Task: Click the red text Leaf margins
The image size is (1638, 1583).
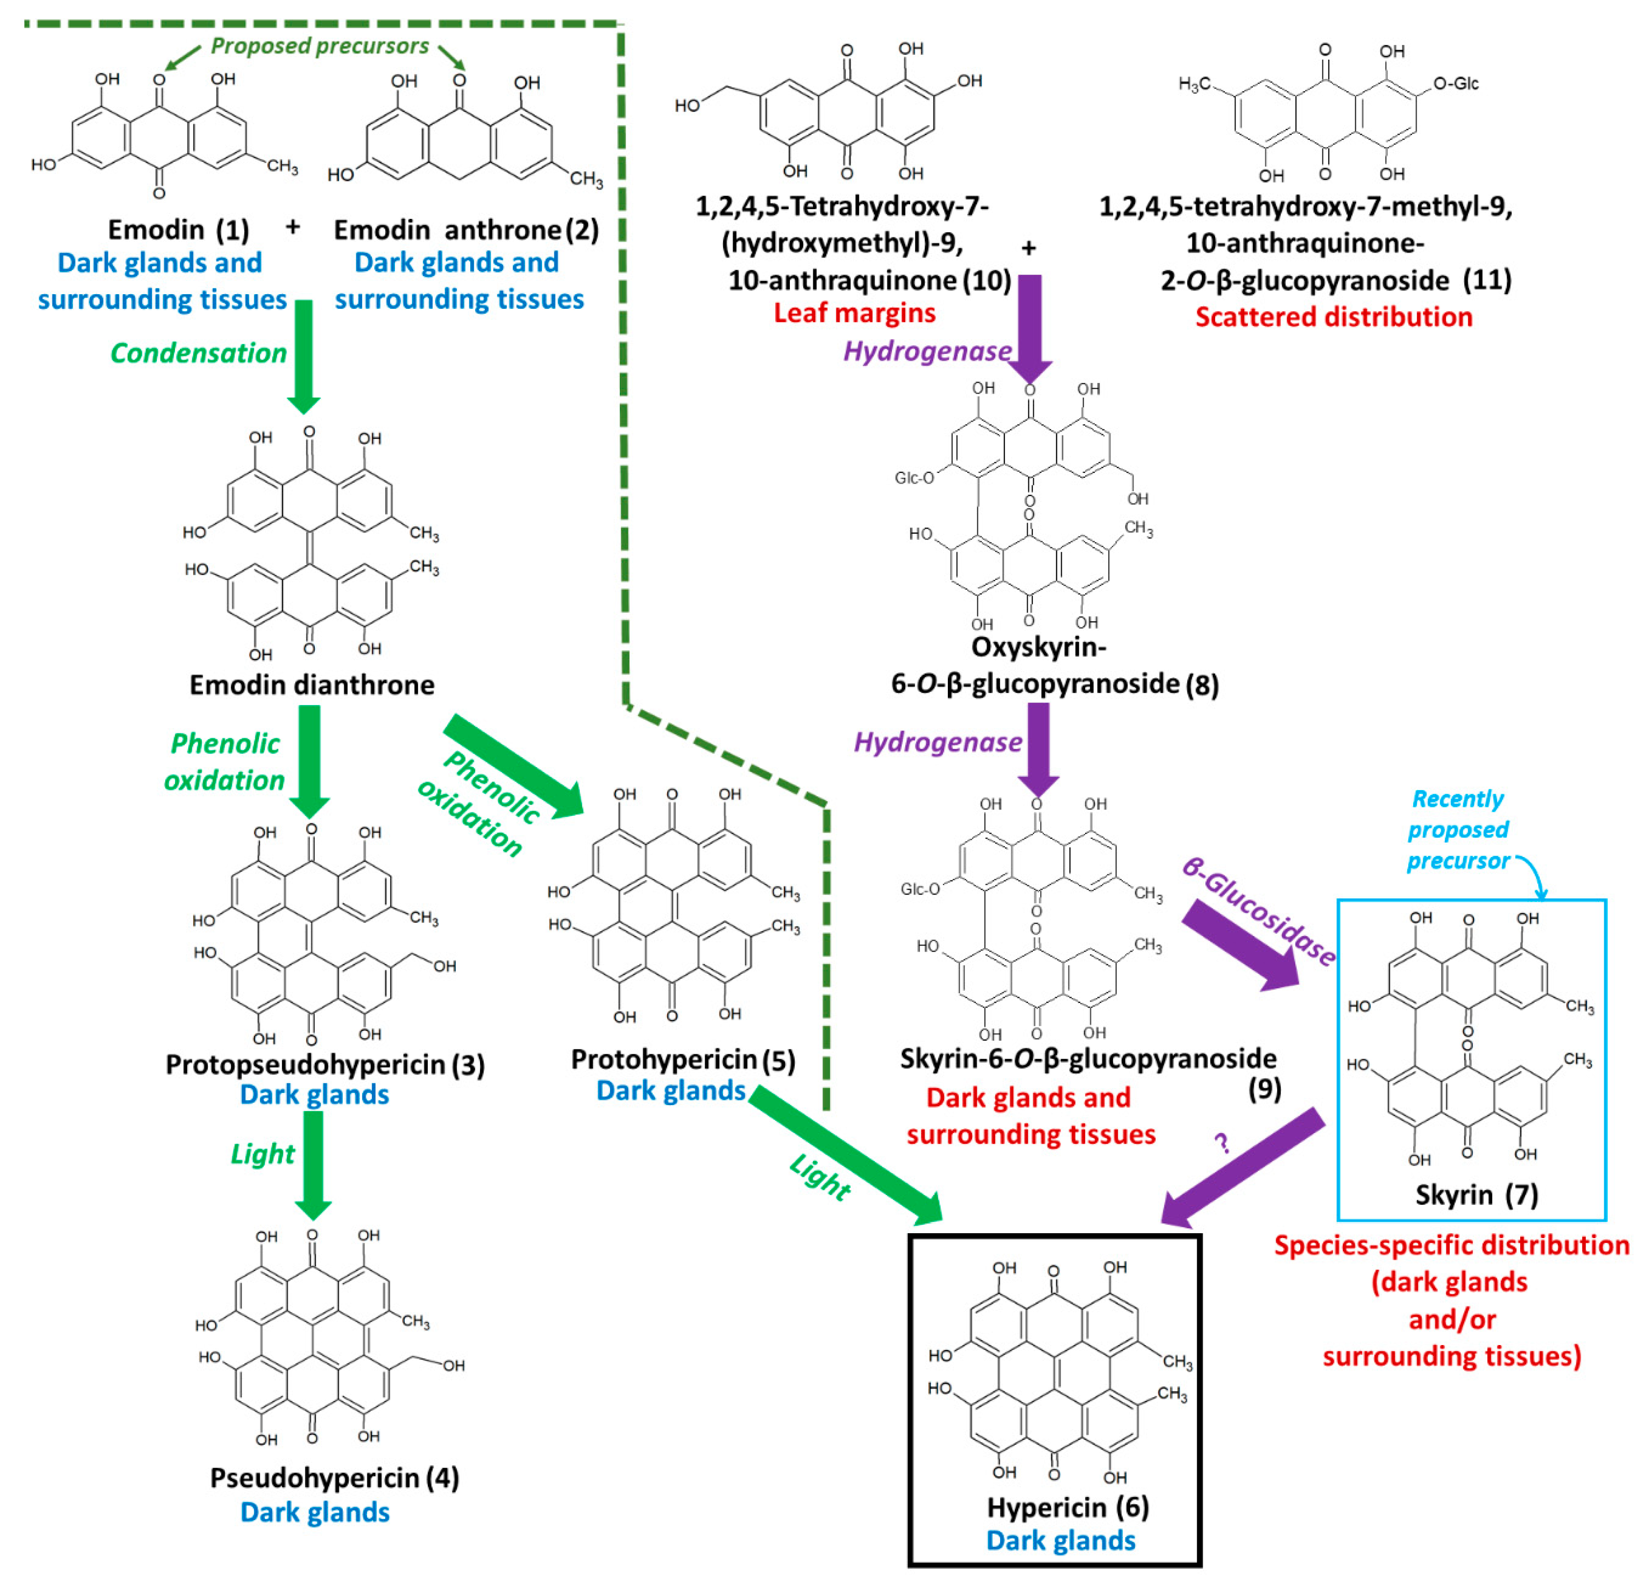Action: pos(854,312)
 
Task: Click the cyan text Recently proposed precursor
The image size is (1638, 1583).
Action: pos(1458,830)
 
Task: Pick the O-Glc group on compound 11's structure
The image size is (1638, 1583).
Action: pos(1456,84)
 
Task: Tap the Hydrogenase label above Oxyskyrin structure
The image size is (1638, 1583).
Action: pos(927,351)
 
